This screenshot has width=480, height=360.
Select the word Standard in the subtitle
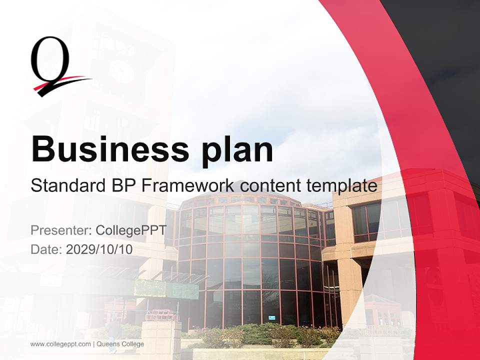coord(65,185)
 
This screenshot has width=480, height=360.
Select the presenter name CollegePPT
coord(130,230)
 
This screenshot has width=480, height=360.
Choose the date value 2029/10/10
coord(99,249)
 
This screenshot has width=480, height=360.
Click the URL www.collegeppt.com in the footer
coord(60,344)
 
